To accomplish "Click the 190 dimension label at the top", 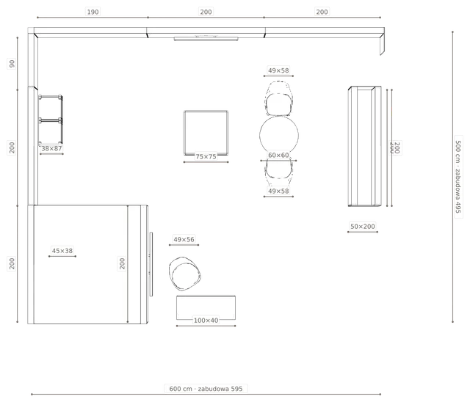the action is click(93, 12).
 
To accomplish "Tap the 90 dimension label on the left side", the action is click(12, 64).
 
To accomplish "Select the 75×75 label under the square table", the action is click(206, 156).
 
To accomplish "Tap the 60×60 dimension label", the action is click(278, 155).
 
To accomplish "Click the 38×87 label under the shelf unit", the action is click(51, 148).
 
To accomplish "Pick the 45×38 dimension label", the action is click(62, 251).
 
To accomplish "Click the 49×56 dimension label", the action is click(184, 239).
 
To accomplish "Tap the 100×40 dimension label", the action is click(206, 321).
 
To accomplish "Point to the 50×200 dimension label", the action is click(363, 226).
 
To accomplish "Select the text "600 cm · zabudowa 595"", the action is click(206, 389).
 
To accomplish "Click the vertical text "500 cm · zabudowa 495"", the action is click(458, 177).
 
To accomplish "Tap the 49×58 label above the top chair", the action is click(278, 70).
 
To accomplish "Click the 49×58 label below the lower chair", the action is click(278, 191).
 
